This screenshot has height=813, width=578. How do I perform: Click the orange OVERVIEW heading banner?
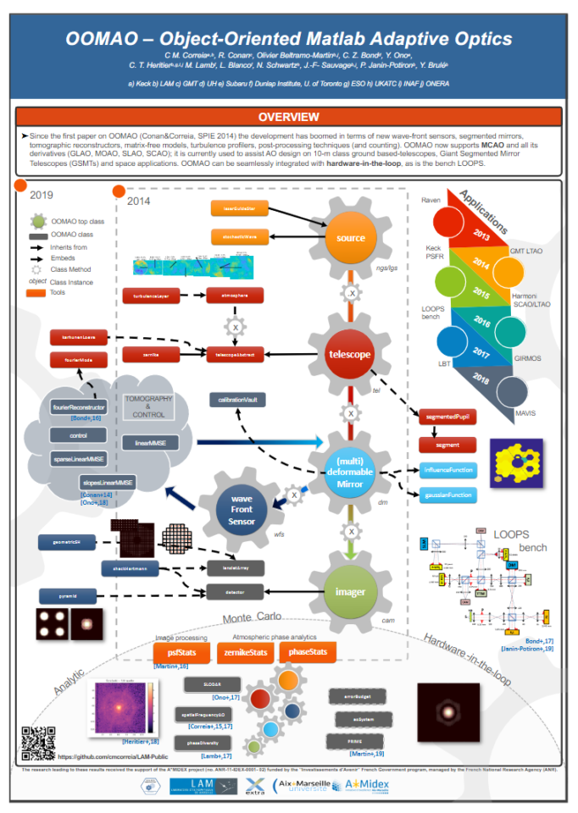tap(288, 117)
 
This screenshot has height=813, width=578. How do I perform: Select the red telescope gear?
tap(349, 354)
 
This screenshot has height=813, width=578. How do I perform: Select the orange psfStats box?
tap(181, 652)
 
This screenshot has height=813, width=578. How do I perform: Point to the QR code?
tap(38, 744)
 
